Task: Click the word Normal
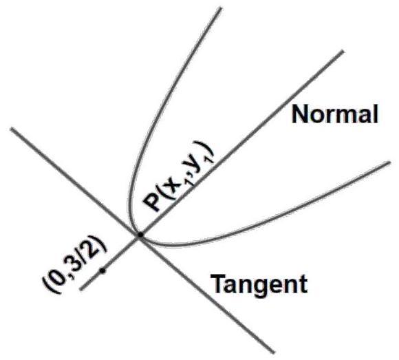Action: point(334,114)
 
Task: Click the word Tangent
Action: point(259,284)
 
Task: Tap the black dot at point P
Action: point(140,235)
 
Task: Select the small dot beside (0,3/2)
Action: point(103,271)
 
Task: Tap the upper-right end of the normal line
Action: point(343,52)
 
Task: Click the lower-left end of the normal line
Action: point(81,289)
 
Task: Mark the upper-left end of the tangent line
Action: point(12,129)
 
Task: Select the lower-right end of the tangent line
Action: point(274,352)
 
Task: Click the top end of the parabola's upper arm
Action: point(220,8)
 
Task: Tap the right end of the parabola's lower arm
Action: point(389,162)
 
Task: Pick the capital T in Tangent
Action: point(218,284)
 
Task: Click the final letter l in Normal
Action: point(375,114)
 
